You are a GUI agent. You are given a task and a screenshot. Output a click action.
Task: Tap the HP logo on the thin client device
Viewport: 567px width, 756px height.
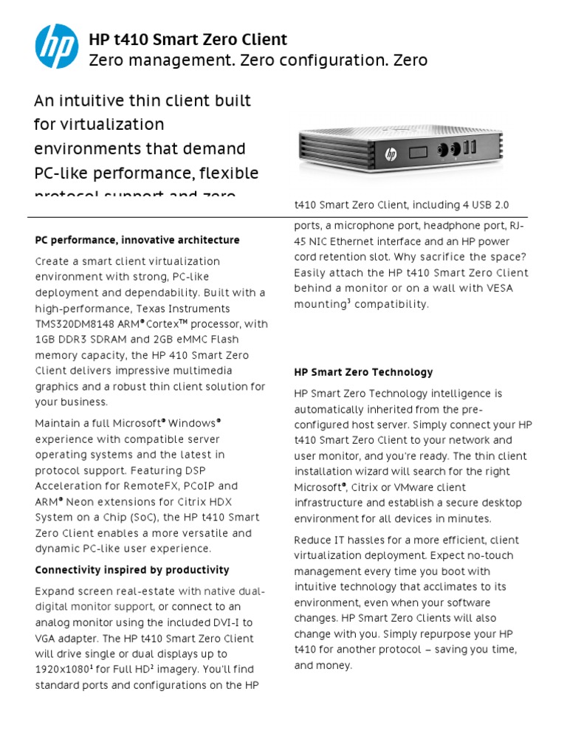tap(390, 154)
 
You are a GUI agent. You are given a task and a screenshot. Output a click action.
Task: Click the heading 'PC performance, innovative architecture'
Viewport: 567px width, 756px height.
tap(137, 240)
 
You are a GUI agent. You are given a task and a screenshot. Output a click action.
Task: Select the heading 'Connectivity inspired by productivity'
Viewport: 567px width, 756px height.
tap(132, 570)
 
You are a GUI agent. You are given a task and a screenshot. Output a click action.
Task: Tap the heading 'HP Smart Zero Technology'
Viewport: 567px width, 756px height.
tap(363, 372)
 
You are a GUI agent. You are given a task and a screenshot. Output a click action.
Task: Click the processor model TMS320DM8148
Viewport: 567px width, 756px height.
tap(73, 324)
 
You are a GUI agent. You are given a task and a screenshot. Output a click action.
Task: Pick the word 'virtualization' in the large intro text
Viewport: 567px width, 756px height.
tap(99, 124)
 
